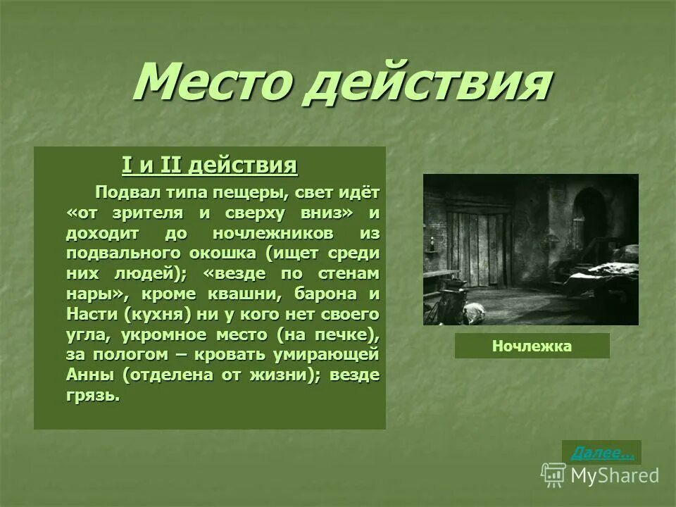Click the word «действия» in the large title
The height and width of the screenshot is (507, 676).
426,83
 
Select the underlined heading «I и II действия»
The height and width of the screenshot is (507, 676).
209,166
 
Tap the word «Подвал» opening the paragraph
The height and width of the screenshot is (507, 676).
125,192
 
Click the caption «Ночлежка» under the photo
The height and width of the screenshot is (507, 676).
532,346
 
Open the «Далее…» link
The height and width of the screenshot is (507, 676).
601,453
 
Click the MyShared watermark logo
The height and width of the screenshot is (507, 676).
601,475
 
